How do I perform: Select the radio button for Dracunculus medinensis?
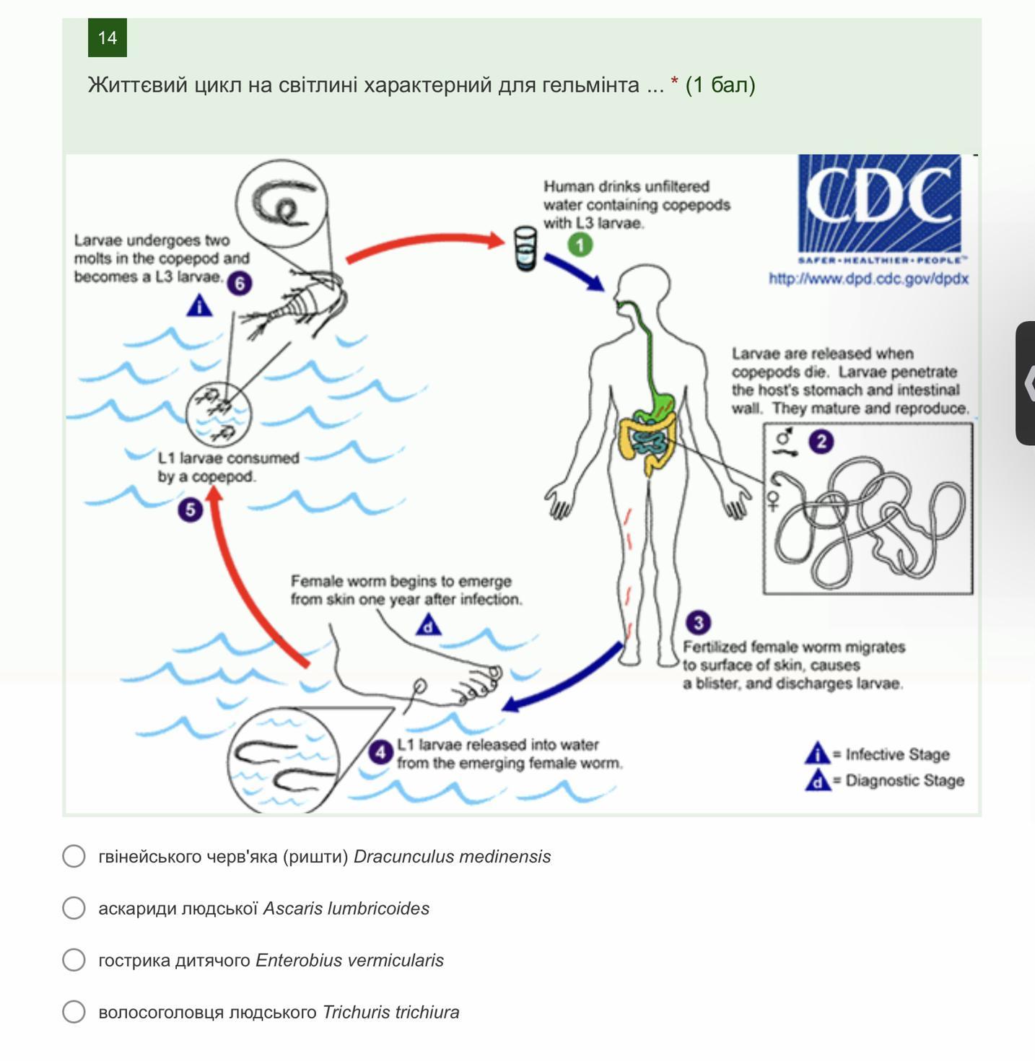coord(74,856)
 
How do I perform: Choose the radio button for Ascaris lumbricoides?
coord(74,908)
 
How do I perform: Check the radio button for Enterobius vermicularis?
coord(74,960)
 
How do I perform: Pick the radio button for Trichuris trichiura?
coord(74,1012)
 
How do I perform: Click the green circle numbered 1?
coord(580,245)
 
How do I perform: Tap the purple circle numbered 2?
coord(821,442)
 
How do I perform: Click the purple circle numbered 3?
coord(698,622)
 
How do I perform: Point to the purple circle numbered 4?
coord(380,752)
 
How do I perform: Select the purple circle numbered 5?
coord(190,510)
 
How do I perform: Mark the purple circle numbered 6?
coord(240,283)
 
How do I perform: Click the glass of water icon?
coord(525,249)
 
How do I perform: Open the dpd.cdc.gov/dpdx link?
coord(868,279)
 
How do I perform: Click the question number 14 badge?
coord(108,38)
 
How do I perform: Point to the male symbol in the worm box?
coord(783,438)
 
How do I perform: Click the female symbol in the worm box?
coord(773,500)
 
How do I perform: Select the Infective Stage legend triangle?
coord(817,754)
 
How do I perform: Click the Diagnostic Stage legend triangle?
coord(817,780)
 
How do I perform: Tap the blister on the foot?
coord(419,685)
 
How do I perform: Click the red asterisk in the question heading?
coord(674,84)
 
